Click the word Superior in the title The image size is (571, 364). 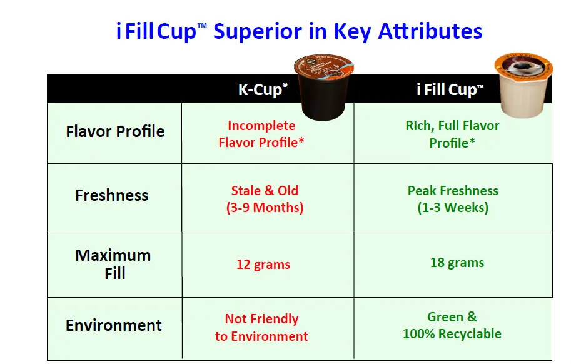258,32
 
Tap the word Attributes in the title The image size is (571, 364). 430,31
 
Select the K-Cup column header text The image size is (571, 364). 263,89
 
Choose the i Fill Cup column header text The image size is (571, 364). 450,89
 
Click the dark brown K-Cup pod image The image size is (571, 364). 323,88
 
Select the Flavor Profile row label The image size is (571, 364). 115,131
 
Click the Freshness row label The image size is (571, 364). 112,196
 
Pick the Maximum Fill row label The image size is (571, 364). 113,264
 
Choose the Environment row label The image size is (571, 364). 114,325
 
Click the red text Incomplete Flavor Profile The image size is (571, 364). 261,134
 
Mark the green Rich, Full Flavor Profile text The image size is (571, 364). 452,134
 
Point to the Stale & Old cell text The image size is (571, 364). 265,199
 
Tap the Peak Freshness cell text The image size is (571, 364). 453,199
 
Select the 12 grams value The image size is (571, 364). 263,265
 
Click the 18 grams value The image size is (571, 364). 457,263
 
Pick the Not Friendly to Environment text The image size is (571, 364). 261,327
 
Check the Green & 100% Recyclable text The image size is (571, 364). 452,325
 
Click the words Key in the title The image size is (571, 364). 353,32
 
